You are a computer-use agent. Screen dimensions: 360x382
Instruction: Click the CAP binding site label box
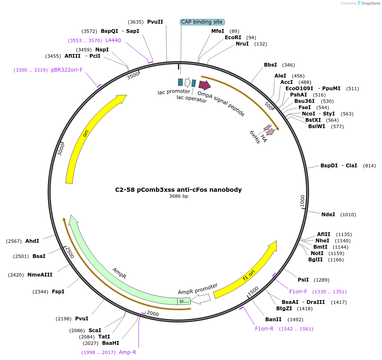pyautogui.click(x=202, y=22)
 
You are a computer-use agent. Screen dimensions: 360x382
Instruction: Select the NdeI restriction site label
pyautogui.click(x=328, y=215)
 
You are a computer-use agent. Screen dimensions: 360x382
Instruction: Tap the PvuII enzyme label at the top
pyautogui.click(x=155, y=22)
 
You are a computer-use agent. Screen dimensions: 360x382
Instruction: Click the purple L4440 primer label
pyautogui.click(x=113, y=40)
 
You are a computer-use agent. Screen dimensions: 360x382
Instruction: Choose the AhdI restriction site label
pyautogui.click(x=32, y=241)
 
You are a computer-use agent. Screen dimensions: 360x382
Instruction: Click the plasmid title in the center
pyautogui.click(x=178, y=190)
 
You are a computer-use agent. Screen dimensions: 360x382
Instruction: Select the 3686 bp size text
pyautogui.click(x=178, y=196)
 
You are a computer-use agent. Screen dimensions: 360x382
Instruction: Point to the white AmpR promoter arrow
pyautogui.click(x=201, y=299)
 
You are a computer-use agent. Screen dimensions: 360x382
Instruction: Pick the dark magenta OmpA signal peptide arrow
pyautogui.click(x=204, y=85)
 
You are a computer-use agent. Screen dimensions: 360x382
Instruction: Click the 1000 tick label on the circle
pyautogui.click(x=302, y=201)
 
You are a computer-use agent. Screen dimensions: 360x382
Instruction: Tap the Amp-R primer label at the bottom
pyautogui.click(x=127, y=352)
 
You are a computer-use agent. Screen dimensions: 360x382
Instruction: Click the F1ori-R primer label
pyautogui.click(x=264, y=329)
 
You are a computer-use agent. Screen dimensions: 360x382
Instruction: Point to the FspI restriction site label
pyautogui.click(x=58, y=292)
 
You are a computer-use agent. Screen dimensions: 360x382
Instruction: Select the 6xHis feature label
pyautogui.click(x=255, y=137)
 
